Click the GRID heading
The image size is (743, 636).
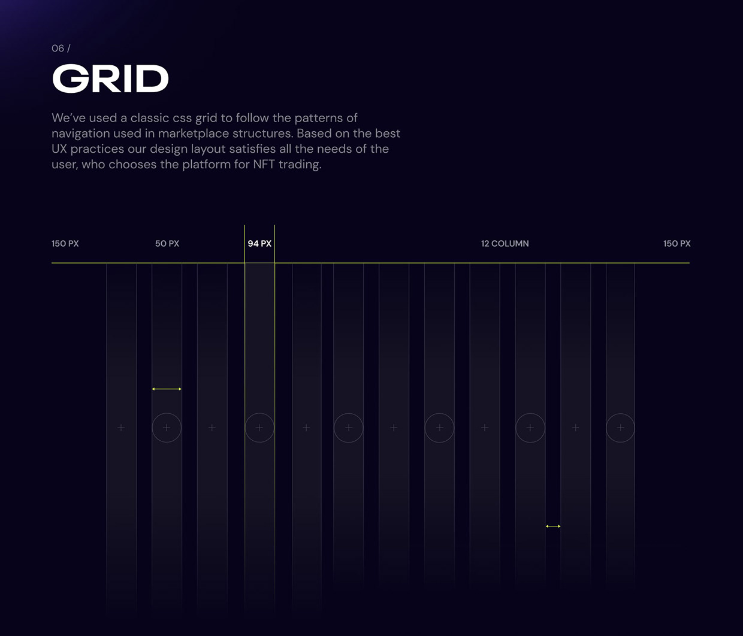pyautogui.click(x=110, y=78)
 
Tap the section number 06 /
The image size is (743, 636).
pyautogui.click(x=61, y=49)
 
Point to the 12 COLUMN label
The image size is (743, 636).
pyautogui.click(x=505, y=244)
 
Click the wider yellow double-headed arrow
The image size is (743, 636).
pyautogui.click(x=167, y=389)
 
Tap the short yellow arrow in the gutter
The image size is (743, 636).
pyautogui.click(x=553, y=526)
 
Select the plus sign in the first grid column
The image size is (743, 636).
pyautogui.click(x=121, y=428)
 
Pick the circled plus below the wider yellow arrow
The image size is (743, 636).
pyautogui.click(x=167, y=414)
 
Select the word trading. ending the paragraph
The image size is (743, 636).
pyautogui.click(x=300, y=165)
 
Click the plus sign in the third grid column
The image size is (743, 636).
pyautogui.click(x=212, y=428)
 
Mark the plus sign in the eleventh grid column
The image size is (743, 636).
pyautogui.click(x=575, y=428)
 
